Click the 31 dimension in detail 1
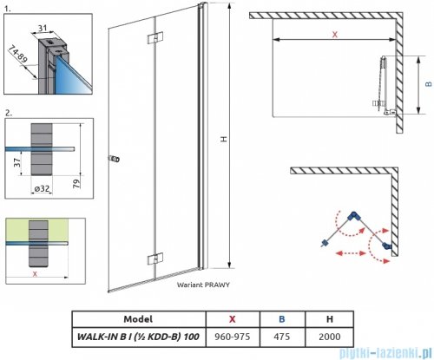(43, 28)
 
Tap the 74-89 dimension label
(18, 54)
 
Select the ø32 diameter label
(42, 189)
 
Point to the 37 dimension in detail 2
(17, 162)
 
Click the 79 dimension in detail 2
(76, 184)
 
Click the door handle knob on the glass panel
(115, 159)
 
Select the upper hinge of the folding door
(155, 38)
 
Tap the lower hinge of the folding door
(155, 259)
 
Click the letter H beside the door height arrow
(224, 139)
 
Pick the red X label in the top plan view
(335, 35)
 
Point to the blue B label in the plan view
(429, 84)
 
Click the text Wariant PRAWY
(203, 285)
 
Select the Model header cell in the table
(138, 319)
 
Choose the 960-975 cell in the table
(233, 337)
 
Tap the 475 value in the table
(282, 337)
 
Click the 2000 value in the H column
(330, 337)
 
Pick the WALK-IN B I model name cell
(138, 337)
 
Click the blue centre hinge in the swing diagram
(353, 216)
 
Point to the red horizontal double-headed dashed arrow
(351, 253)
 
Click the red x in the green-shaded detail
(35, 273)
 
